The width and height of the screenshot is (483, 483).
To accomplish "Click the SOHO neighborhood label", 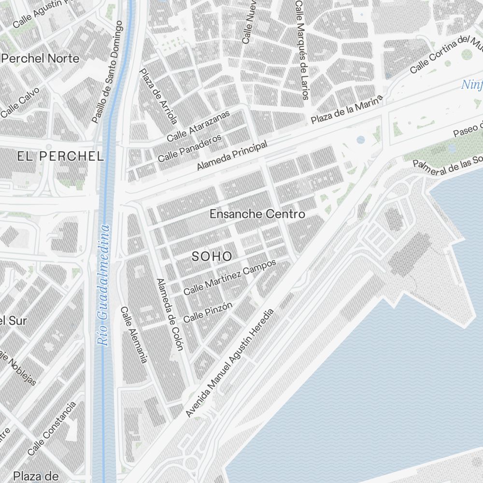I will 212,256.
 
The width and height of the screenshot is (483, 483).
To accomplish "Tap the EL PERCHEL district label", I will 60,156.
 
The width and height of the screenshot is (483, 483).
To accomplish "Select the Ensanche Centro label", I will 257,213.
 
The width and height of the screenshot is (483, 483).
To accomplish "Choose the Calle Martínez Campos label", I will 229,277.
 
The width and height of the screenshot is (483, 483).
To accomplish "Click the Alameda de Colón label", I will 170,314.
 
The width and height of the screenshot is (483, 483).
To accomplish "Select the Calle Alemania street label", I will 134,335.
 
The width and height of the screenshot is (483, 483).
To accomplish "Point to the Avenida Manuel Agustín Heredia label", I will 230,362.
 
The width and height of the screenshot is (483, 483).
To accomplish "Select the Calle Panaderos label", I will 190,148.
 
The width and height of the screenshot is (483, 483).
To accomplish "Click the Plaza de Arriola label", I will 158,96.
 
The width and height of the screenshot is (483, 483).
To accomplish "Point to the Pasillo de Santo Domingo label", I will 107,71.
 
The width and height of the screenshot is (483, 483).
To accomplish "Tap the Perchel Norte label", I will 41,58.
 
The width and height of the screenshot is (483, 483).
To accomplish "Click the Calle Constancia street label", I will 52,428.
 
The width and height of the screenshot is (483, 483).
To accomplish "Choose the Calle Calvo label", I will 20,102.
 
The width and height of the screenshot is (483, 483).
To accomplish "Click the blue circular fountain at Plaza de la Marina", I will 361,140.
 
